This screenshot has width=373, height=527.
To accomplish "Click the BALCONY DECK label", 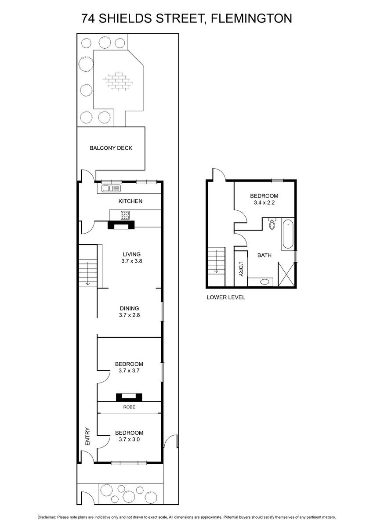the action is click(111, 148).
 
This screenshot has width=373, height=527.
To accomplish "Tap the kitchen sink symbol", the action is click(111, 188).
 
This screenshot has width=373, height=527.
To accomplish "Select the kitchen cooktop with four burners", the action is click(125, 215).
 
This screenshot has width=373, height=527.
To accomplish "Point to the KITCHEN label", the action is click(130, 201).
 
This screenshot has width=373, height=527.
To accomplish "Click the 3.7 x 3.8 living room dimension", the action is click(132, 261).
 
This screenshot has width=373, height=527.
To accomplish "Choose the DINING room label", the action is click(130, 308).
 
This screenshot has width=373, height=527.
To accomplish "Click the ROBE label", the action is click(129, 407).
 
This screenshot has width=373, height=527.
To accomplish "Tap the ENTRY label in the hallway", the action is click(87, 437).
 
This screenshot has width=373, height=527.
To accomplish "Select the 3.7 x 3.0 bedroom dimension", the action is click(129, 439).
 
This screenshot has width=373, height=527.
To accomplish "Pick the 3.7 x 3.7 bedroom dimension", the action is click(129, 371).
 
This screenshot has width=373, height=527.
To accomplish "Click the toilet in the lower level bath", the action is click(272, 224).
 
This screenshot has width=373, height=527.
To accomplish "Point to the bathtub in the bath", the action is click(288, 234).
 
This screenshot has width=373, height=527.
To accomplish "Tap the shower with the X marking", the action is click(286, 274).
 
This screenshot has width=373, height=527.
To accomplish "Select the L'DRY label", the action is click(241, 269).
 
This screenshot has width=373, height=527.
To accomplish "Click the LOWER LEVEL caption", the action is click(226, 297).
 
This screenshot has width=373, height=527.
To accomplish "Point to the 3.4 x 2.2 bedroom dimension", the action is click(264, 202).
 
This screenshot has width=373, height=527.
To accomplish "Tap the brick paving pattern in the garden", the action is click(118, 80).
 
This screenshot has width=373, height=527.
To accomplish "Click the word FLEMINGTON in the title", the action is click(251, 18).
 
